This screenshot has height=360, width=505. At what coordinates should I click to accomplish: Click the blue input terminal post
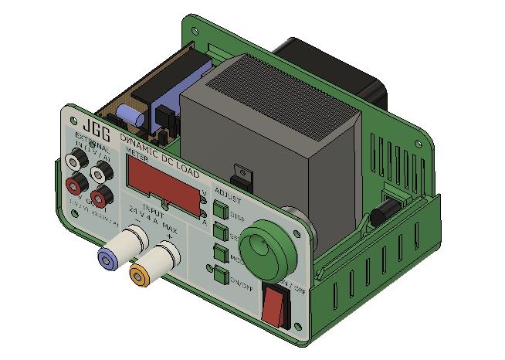tap(107, 256)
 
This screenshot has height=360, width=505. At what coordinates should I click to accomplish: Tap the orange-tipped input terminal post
tap(141, 272)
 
